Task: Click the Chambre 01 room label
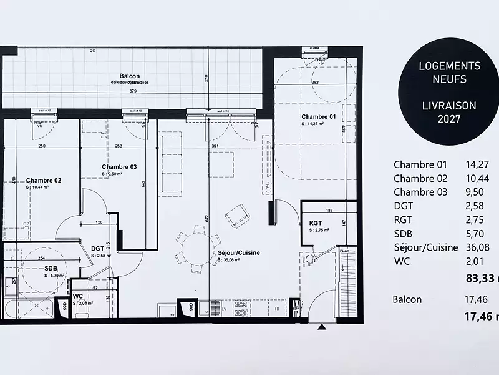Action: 319,117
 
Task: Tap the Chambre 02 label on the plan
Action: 43,181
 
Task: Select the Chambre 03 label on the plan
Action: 119,167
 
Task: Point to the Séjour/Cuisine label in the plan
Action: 235,253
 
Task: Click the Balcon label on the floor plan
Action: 130,75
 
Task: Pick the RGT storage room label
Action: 316,222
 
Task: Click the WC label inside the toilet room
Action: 78,296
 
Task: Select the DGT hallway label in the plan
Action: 97,248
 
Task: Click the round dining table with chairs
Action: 196,248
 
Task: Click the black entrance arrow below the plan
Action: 322,327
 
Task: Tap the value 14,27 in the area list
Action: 477,165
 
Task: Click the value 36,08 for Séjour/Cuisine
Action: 477,247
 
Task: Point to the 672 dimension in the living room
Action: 206,219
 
